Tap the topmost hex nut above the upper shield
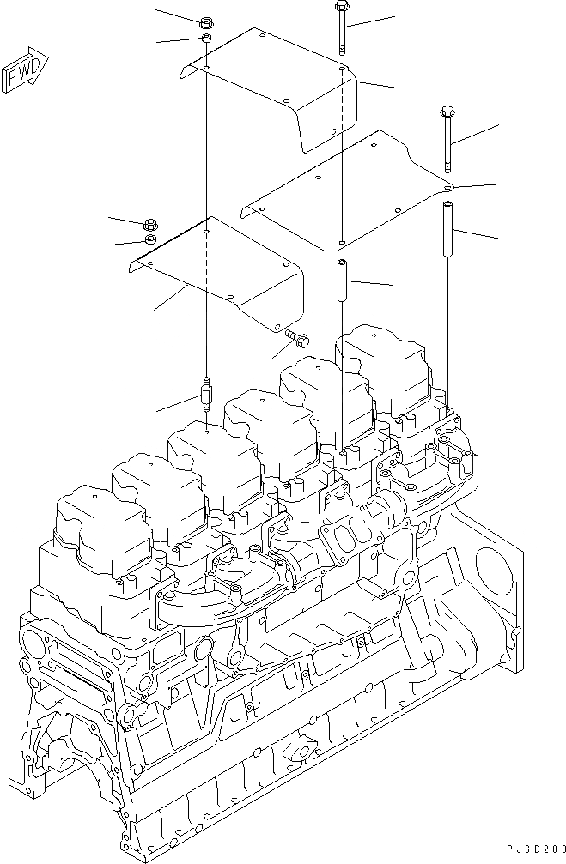[207, 22]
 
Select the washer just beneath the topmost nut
[207, 39]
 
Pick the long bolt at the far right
[447, 137]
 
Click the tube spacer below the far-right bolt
[447, 227]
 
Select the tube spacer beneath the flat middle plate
[341, 281]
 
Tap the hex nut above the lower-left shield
[150, 224]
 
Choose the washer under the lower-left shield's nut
[150, 239]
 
